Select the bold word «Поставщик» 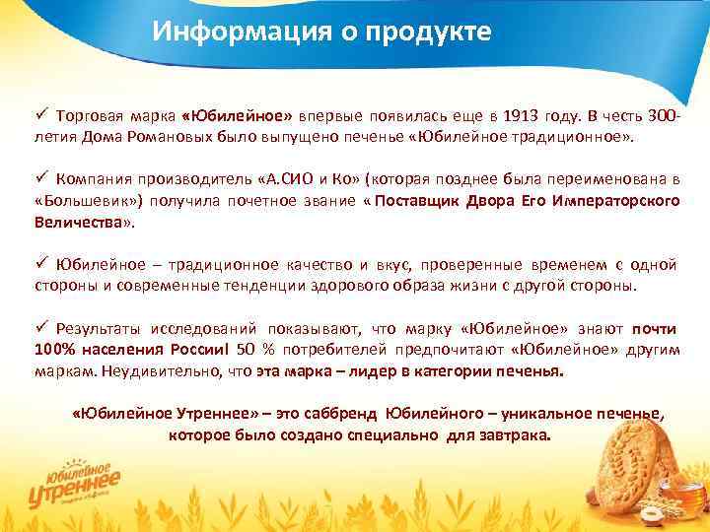[x=422, y=201]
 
